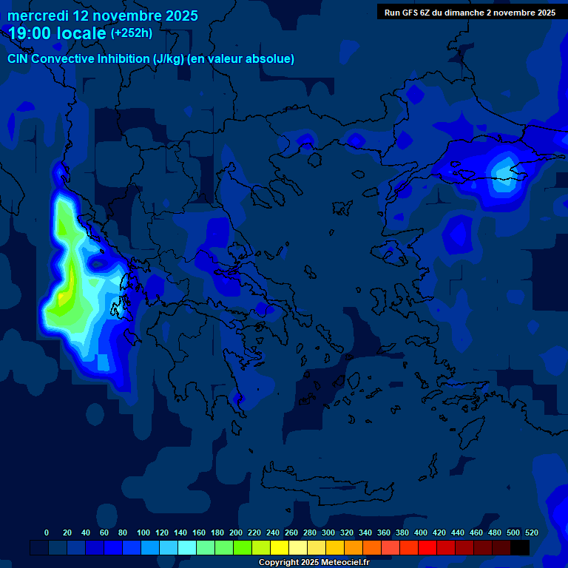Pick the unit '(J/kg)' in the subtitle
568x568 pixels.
(164, 58)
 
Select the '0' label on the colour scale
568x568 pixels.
(47, 532)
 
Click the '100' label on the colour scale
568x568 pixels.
(143, 532)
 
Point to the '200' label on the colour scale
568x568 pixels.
(236, 532)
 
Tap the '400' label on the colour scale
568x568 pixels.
(421, 532)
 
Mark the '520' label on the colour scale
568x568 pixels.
(532, 532)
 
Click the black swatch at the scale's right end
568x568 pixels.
(520, 547)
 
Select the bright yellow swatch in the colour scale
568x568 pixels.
(280, 547)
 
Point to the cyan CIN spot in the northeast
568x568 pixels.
(506, 172)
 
